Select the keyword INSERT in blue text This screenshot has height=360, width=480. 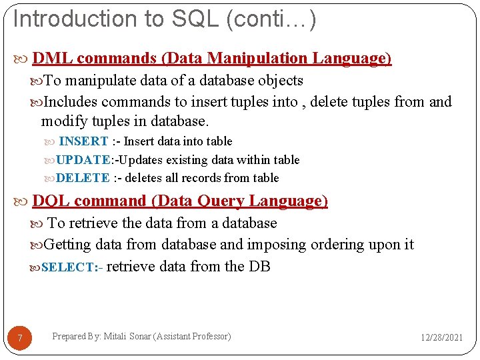point(84,141)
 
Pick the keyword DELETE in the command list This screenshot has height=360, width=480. point(83,178)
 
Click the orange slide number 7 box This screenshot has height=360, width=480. point(20,339)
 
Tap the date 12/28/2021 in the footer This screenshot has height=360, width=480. point(441,338)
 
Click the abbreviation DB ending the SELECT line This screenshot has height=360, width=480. point(259,267)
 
